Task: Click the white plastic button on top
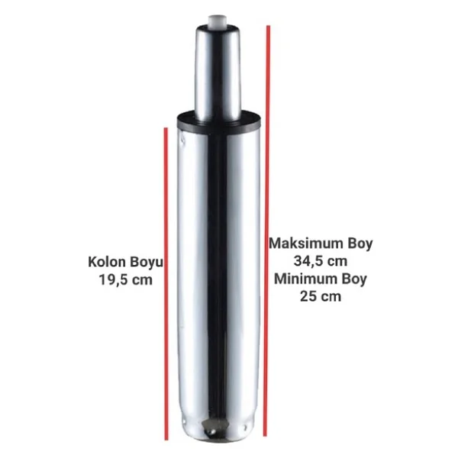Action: click(217, 21)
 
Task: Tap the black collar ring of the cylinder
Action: click(219, 123)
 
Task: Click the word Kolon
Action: click(107, 262)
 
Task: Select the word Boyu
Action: click(146, 263)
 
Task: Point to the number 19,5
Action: click(113, 280)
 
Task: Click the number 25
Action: click(308, 297)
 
